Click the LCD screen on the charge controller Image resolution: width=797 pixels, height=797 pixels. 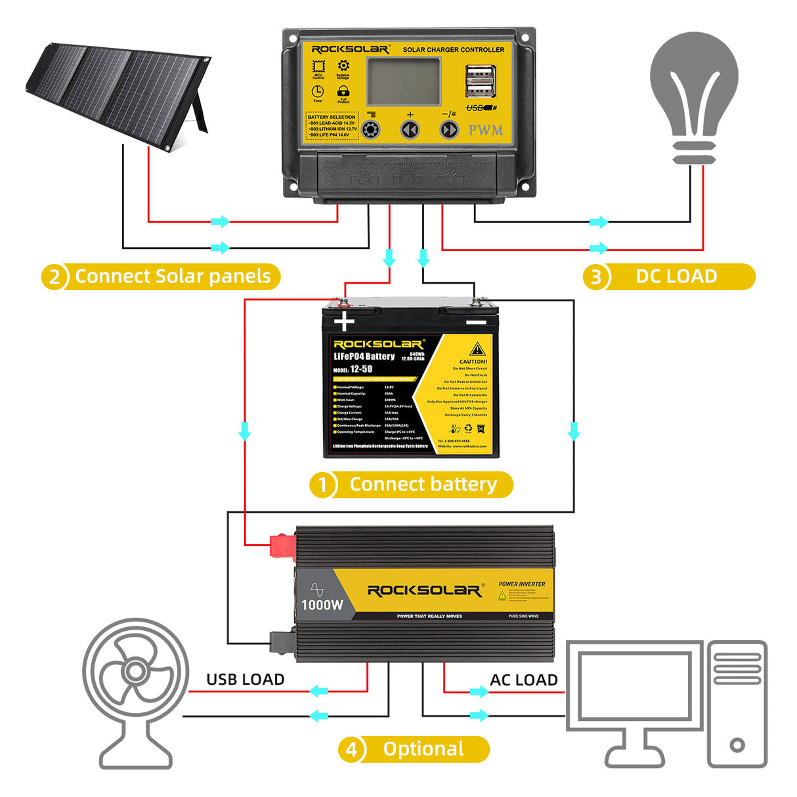403,81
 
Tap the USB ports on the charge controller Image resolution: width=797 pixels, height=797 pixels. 480,81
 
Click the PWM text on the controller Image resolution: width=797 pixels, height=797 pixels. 486,130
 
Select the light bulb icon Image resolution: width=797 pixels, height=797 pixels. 694,92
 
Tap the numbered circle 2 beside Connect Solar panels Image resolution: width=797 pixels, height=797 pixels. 54,276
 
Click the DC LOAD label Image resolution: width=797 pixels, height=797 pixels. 676,276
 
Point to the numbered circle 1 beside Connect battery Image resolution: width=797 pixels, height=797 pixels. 323,485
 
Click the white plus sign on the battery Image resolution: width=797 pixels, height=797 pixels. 344,322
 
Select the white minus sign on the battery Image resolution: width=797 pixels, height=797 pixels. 476,322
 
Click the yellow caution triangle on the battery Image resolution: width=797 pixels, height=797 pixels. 477,349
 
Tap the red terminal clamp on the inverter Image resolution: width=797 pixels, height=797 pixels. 282,546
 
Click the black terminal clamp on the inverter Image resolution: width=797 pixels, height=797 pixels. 281,641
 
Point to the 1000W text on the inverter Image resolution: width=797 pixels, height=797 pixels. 322,605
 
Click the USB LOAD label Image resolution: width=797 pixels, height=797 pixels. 246,679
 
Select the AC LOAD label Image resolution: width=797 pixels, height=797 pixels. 523,680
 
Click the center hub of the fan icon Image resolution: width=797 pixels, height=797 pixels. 135,672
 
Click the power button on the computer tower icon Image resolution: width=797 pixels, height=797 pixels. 737,745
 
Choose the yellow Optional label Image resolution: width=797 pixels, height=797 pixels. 423,749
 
